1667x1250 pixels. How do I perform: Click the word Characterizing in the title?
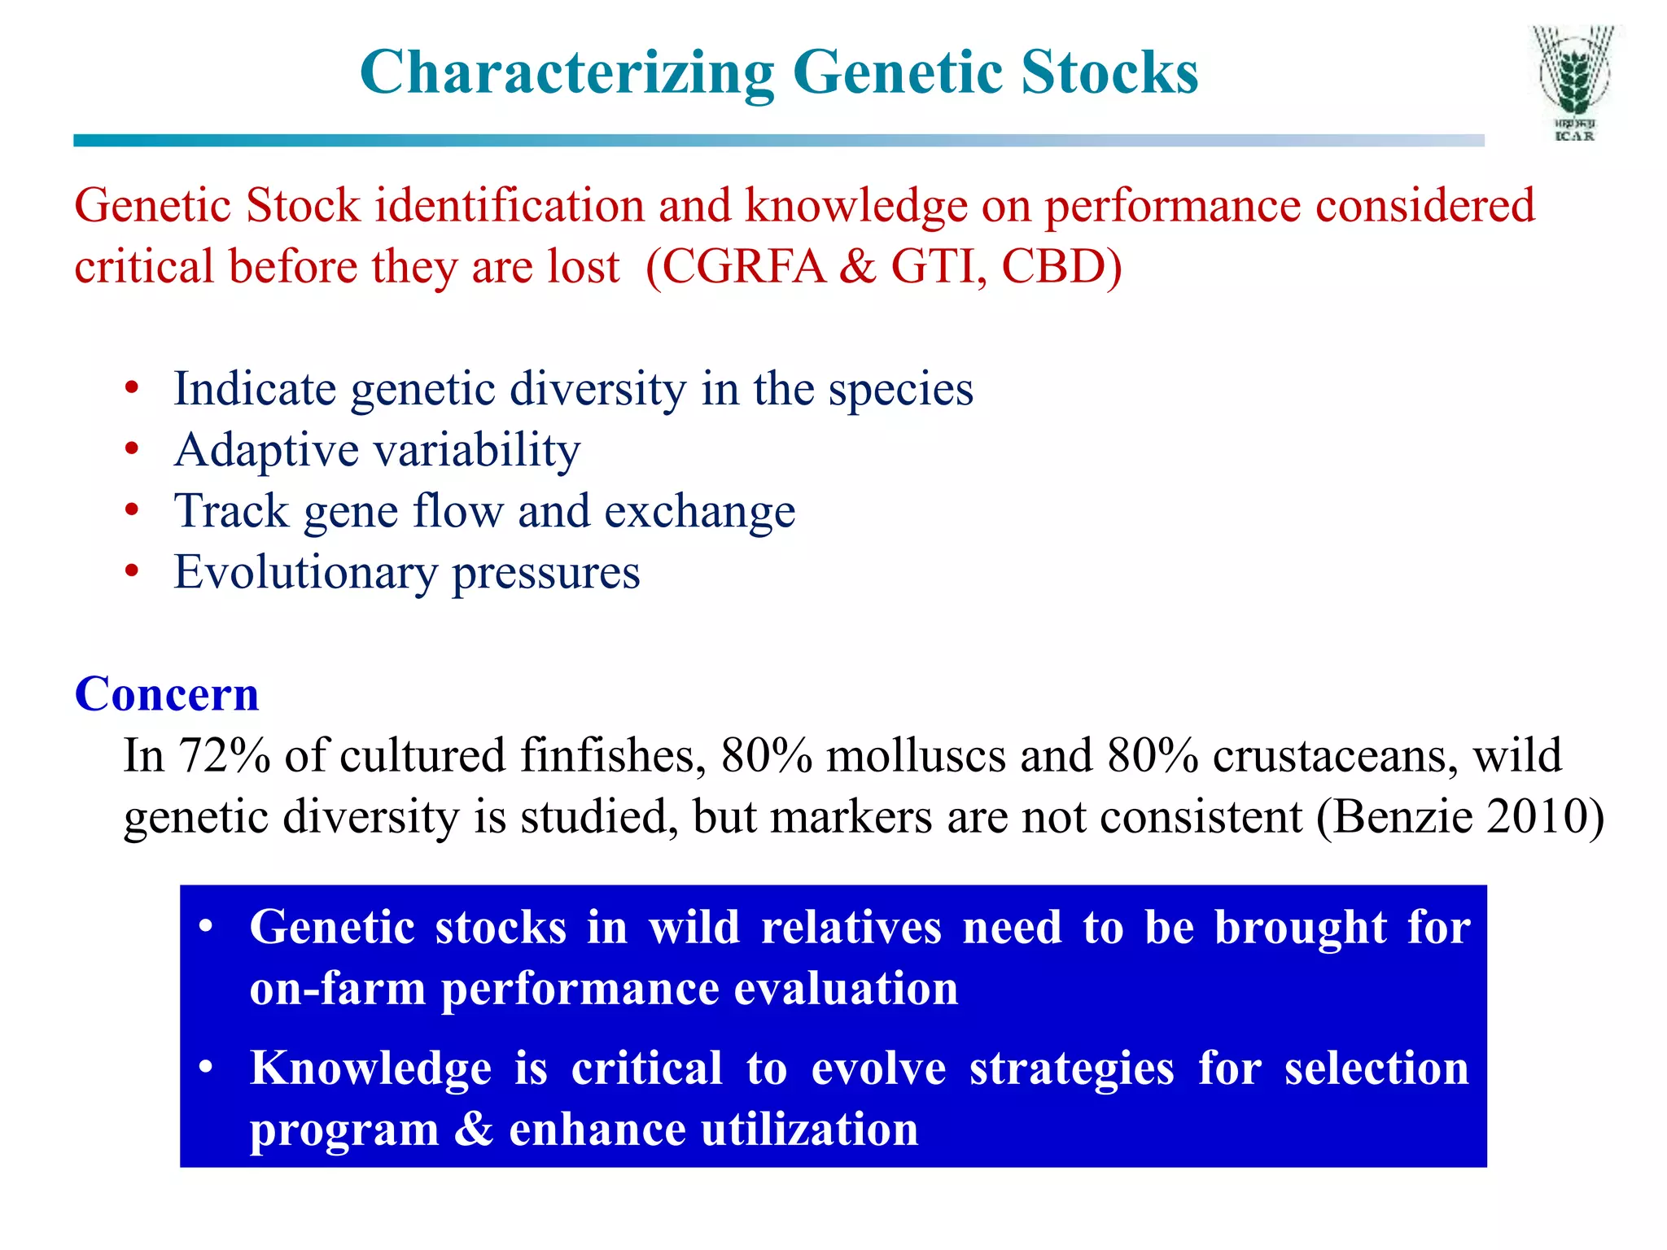(567, 73)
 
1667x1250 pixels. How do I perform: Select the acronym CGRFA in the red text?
(744, 267)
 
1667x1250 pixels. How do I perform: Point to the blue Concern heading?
(167, 694)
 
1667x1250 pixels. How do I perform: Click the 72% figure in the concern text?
(224, 755)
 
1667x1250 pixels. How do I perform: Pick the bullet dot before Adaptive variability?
(132, 449)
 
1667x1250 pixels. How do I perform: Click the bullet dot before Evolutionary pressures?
(132, 571)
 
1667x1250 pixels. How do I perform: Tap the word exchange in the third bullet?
(699, 511)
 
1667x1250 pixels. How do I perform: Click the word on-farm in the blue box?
(337, 989)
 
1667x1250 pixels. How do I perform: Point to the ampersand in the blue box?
(473, 1130)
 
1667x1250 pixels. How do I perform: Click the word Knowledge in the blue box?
(370, 1068)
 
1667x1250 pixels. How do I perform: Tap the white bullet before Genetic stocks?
(206, 927)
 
